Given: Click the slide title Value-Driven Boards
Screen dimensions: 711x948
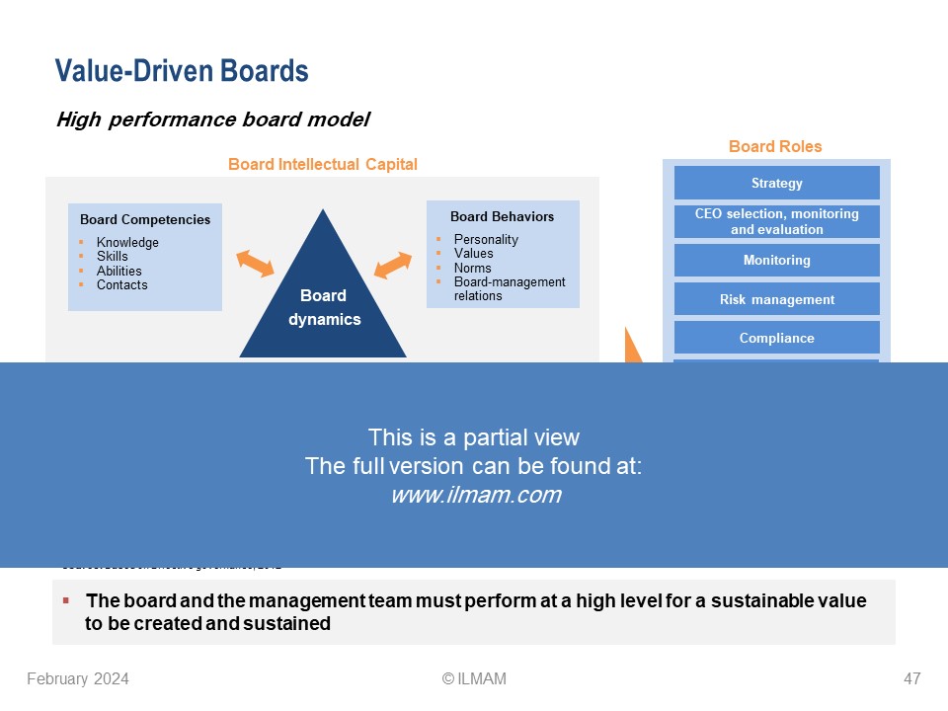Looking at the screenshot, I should click(182, 71).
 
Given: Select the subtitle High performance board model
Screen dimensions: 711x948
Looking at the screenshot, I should click(212, 119).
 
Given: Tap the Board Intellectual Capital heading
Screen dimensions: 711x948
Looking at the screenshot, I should click(322, 164).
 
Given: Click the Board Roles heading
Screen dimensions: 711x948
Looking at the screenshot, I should click(775, 146).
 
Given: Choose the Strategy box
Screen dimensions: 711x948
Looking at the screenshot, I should click(776, 183).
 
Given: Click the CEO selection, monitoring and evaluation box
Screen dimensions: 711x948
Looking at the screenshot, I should click(776, 221).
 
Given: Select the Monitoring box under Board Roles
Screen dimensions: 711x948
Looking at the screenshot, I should click(776, 260).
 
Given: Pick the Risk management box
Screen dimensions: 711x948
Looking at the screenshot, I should click(776, 299).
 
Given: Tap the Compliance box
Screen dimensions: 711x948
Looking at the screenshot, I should click(776, 338).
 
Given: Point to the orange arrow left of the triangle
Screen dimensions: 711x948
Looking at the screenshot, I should click(255, 263).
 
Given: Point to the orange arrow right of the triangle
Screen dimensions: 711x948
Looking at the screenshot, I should click(393, 265).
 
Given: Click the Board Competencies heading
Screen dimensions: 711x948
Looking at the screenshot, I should click(145, 219).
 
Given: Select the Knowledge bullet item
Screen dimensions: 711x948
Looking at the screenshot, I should click(127, 243).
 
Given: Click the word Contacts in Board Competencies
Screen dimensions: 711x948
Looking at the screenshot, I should click(121, 284).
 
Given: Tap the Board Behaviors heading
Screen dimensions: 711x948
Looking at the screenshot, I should click(502, 216).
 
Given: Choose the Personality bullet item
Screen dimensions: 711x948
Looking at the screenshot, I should click(486, 239).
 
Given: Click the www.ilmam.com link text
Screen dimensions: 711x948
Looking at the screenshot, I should click(476, 496).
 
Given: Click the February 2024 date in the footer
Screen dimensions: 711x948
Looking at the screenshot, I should click(78, 678).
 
